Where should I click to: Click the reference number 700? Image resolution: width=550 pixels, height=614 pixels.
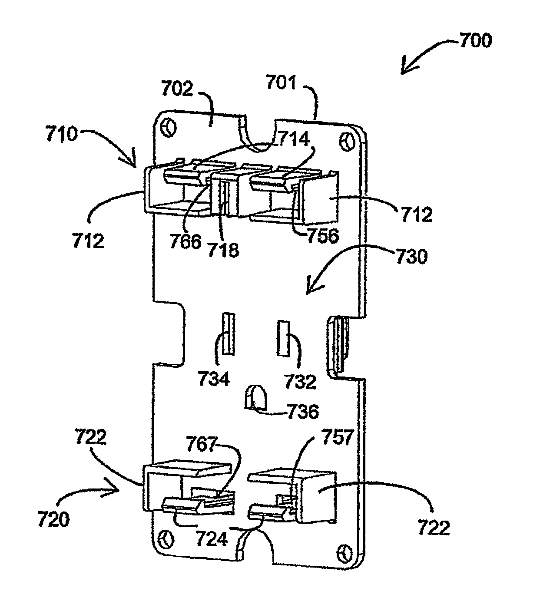coord(476,40)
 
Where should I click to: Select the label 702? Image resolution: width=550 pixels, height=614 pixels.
coord(177,89)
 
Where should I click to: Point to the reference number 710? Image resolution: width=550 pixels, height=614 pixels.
coord(62,134)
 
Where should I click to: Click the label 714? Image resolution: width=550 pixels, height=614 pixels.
coord(294,139)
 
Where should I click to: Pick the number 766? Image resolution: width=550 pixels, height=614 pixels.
coord(185,241)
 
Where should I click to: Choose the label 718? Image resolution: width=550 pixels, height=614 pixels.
coord(223,250)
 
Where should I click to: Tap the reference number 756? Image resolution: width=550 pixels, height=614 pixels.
coord(323,236)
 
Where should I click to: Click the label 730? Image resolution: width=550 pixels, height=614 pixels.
coord(411,256)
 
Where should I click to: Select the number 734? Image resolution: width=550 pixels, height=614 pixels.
coord(214,379)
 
